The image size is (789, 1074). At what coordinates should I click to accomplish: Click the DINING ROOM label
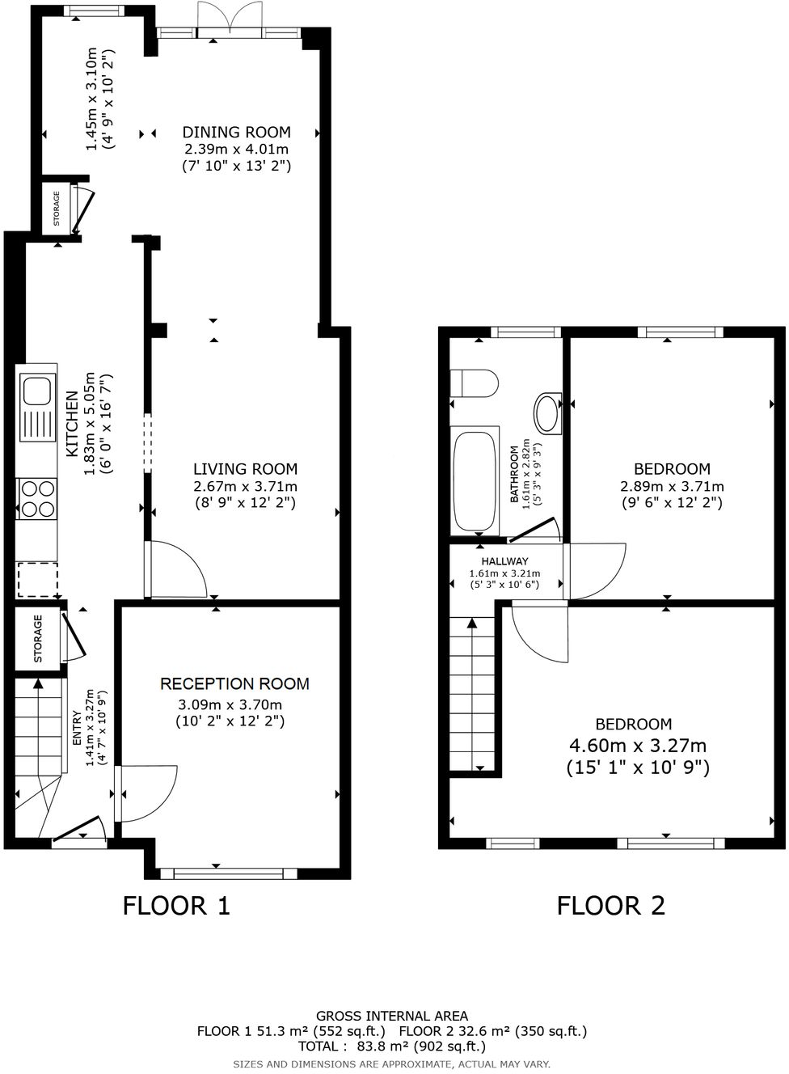236,133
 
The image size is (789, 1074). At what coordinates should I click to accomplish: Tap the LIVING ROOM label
245,469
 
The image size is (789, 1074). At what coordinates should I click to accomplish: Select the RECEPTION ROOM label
234,684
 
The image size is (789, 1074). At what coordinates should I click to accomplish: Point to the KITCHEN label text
72,423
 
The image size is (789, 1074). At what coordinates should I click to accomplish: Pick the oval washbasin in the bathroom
548,412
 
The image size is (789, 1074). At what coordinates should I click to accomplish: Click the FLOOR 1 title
176,905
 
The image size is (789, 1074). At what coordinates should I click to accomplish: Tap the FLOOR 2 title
610,905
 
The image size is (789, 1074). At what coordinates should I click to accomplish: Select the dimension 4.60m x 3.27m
638,746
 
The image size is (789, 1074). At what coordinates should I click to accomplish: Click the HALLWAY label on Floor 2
504,561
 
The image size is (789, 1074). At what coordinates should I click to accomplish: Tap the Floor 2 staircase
474,694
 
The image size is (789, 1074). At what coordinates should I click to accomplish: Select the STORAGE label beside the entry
38,639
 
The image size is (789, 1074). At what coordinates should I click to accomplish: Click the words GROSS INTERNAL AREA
391,1016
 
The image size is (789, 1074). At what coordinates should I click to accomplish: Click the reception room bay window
229,873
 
